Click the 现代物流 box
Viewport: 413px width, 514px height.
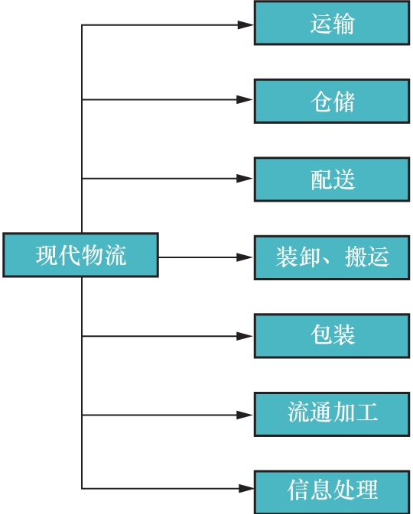coord(81,255)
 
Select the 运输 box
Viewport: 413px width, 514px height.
coord(333,24)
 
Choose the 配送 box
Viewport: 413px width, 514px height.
coord(333,179)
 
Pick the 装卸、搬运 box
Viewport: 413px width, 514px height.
coord(333,257)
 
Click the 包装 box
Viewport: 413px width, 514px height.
coord(333,335)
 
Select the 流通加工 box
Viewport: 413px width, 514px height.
coord(333,414)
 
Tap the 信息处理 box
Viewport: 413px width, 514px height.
coord(333,490)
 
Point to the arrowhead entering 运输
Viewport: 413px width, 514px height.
coord(245,24)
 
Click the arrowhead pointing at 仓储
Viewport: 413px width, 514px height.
coord(245,99)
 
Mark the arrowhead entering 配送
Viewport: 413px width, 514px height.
coord(245,179)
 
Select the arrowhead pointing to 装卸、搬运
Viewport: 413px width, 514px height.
coord(245,257)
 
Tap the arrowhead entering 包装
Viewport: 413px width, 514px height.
coord(245,335)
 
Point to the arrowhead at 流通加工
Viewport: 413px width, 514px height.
coord(245,415)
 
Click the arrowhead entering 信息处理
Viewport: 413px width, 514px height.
coord(245,488)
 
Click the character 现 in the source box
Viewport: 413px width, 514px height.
coord(47,255)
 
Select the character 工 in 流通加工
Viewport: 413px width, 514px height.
coord(367,414)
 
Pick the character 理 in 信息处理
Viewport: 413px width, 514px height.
coord(367,490)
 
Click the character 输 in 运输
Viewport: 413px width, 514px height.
coord(344,24)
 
